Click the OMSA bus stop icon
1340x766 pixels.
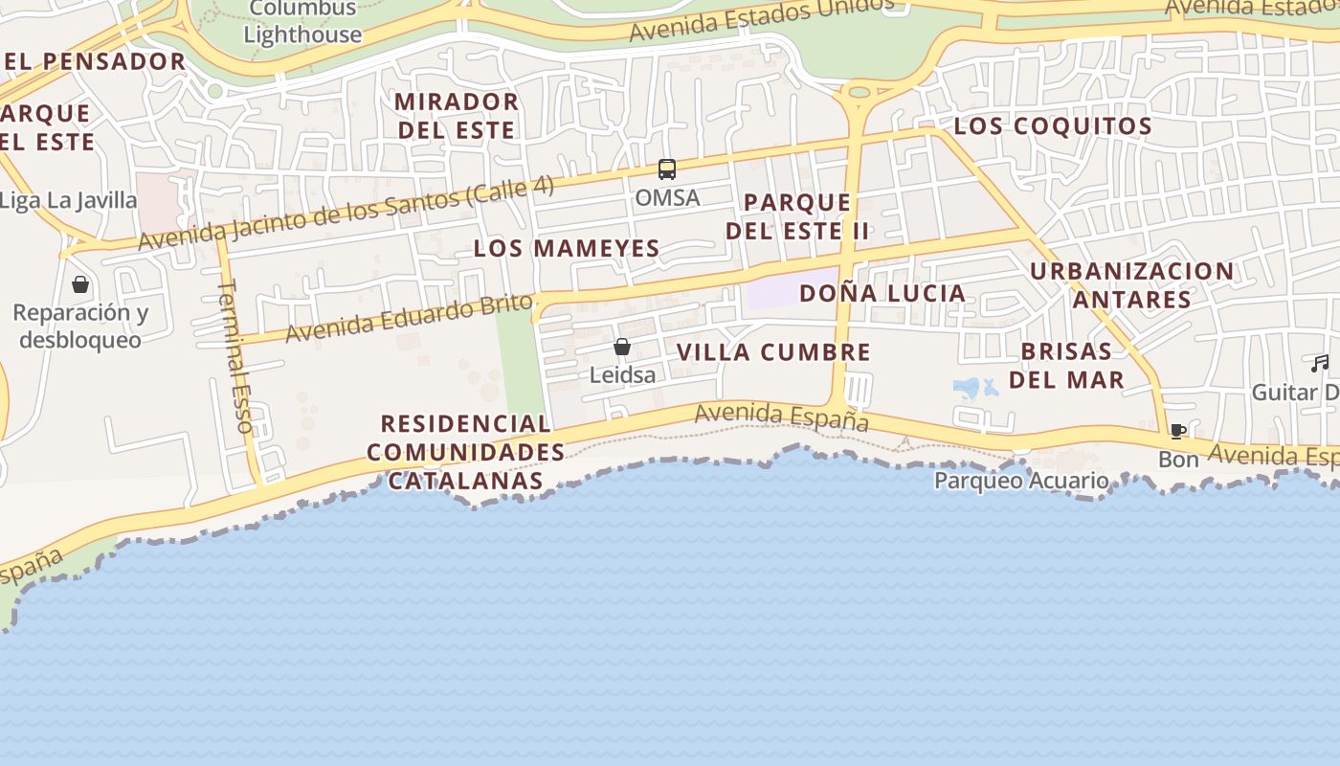(667, 169)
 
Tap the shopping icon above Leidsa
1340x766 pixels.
(622, 347)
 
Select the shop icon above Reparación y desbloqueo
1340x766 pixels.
(80, 284)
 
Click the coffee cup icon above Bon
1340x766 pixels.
(1177, 432)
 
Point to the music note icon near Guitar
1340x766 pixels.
(1321, 364)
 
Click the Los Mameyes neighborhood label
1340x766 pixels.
(567, 249)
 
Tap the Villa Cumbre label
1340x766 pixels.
(773, 352)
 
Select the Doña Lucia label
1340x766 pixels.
(882, 293)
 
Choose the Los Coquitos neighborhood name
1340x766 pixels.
(1053, 126)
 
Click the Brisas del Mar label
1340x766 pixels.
(1066, 365)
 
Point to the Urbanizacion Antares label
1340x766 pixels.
(1131, 285)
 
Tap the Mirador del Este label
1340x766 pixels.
(457, 115)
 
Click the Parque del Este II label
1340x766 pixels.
(797, 216)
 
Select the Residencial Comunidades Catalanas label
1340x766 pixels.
(466, 452)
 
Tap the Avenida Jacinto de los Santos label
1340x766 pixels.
(346, 214)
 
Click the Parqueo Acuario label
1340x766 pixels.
(1021, 481)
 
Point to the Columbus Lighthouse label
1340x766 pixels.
(302, 22)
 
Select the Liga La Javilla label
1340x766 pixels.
(68, 201)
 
